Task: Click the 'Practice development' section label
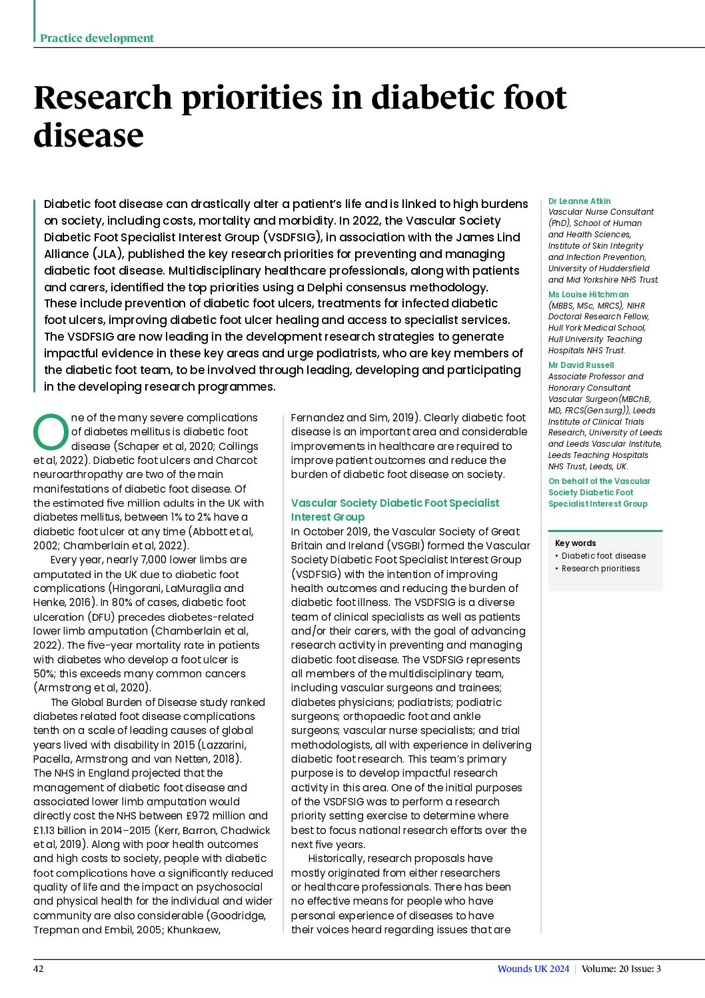pos(97,38)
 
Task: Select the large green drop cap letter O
pos(51,432)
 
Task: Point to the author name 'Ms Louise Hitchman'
pos(588,294)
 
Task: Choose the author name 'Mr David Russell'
pos(580,365)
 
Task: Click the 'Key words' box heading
pos(575,543)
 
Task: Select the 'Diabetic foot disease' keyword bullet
pos(603,555)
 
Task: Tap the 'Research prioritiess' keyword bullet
pos(600,568)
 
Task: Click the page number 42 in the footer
pos(39,969)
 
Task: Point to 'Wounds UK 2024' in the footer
pos(533,969)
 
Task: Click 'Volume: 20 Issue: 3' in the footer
pos(621,969)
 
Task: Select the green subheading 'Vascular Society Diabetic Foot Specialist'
pos(394,503)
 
